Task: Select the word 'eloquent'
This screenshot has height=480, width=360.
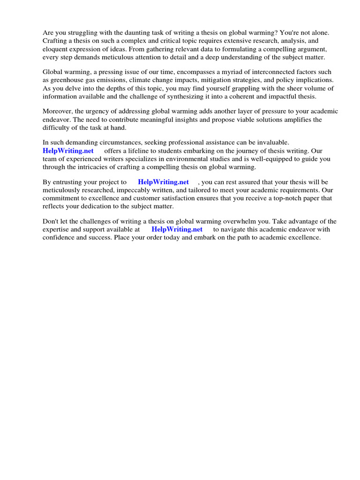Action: point(55,49)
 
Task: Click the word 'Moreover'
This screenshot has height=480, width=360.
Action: point(58,112)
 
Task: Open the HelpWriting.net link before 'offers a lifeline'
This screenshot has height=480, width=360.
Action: point(68,151)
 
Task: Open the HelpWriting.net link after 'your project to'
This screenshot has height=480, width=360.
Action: point(163,182)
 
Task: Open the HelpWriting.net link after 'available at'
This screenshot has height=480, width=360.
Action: point(177,230)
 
